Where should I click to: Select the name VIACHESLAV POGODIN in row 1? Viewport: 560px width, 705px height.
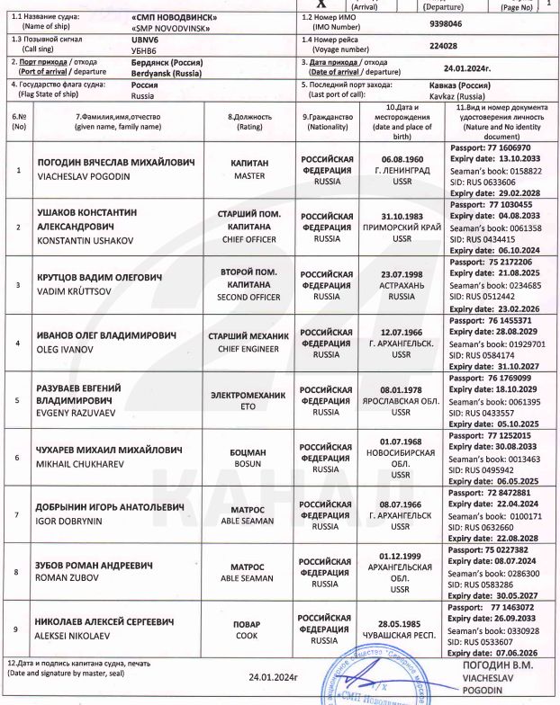(77, 177)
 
